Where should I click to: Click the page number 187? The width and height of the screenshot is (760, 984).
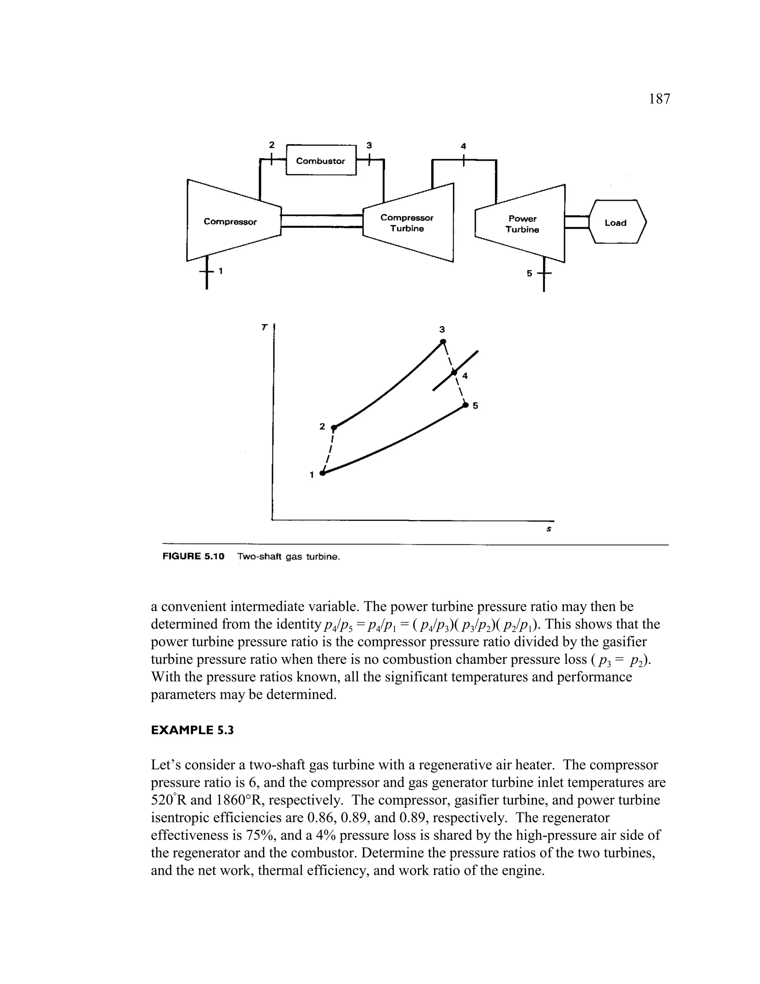pos(659,99)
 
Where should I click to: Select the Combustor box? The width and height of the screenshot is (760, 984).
pos(321,161)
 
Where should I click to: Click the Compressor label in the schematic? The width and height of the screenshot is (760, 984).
pos(230,222)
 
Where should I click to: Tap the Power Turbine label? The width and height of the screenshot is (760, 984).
pos(522,224)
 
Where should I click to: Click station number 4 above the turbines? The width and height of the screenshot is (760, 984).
pos(463,146)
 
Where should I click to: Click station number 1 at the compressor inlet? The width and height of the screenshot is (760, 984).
pos(221,271)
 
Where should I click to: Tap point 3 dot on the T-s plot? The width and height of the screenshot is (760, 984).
pos(443,342)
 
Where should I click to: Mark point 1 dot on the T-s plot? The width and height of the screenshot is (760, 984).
pos(322,473)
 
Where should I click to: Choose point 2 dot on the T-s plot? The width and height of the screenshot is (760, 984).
pos(334,427)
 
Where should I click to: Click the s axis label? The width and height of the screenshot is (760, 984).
pos(548,530)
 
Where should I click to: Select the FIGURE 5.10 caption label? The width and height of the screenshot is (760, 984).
pos(193,557)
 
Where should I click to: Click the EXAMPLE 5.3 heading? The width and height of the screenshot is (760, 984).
pos(192,730)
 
